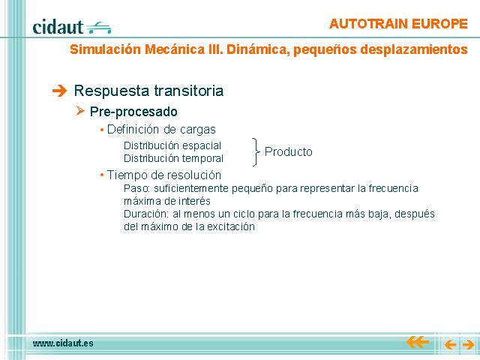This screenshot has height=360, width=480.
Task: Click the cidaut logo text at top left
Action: pyautogui.click(x=58, y=27)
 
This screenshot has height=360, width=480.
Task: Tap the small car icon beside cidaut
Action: pyautogui.click(x=98, y=28)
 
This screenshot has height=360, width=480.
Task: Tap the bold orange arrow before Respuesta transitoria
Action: pyautogui.click(x=59, y=91)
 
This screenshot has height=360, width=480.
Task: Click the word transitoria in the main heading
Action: pyautogui.click(x=188, y=91)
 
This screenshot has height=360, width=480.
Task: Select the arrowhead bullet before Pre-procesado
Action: pyautogui.click(x=80, y=110)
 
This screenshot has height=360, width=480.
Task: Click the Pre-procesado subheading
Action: pyautogui.click(x=133, y=112)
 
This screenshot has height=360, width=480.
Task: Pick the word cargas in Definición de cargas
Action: pyautogui.click(x=198, y=130)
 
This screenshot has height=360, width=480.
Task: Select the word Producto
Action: pyautogui.click(x=288, y=151)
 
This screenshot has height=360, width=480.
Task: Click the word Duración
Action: pyautogui.click(x=146, y=214)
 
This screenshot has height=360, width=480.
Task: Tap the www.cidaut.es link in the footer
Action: pyautogui.click(x=63, y=343)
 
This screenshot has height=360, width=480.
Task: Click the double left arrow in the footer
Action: pyautogui.click(x=418, y=342)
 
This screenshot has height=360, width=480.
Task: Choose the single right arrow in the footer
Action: pyautogui.click(x=468, y=345)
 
